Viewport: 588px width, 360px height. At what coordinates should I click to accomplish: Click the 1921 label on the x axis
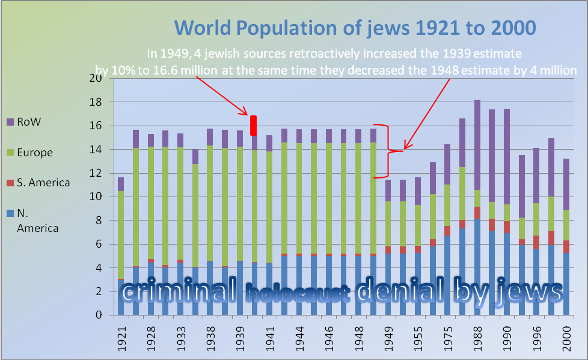pos(121,338)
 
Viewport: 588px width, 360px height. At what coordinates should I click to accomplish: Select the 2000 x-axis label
pos(566,338)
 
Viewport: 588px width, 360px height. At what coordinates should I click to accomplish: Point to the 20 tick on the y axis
pos(96,78)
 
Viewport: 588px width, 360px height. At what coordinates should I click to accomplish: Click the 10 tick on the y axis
pos(96,197)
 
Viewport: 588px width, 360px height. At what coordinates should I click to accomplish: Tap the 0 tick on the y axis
pos(99,315)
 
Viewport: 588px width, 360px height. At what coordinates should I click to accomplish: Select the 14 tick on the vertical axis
pos(96,149)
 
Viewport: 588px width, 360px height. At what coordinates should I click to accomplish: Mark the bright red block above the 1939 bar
pos(254,126)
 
